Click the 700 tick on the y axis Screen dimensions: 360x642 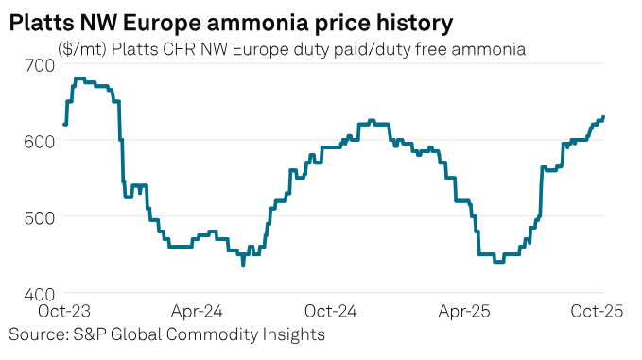tap(35, 65)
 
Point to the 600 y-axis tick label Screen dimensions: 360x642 tap(35, 141)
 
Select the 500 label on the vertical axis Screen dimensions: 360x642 tap(35, 216)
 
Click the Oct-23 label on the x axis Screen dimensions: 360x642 tap(63, 311)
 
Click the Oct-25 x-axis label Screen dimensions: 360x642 tap(594, 311)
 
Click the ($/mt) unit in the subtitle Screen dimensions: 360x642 tap(82, 47)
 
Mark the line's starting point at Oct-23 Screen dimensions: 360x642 tap(64, 124)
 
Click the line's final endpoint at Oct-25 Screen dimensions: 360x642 tap(604, 117)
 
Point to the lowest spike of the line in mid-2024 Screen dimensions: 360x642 tap(243, 266)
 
